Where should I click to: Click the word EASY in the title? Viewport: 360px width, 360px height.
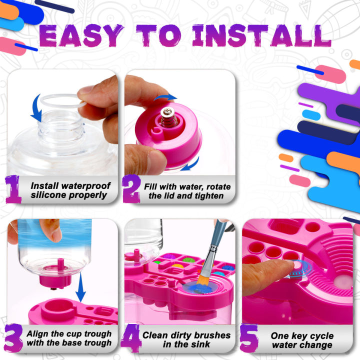80,36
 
